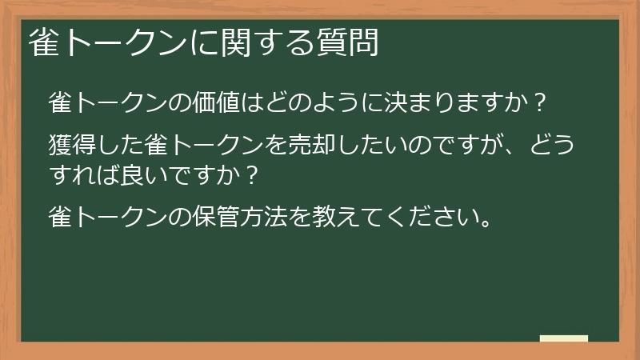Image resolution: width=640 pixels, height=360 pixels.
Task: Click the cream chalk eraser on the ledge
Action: point(563,338)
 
